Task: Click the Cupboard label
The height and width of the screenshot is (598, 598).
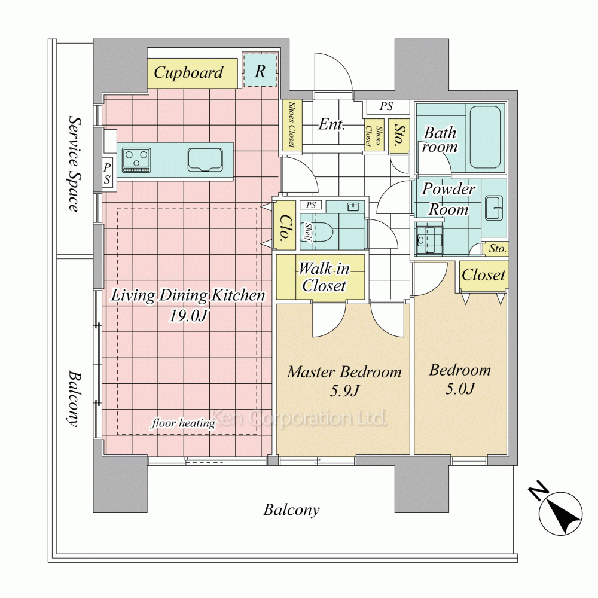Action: pyautogui.click(x=188, y=72)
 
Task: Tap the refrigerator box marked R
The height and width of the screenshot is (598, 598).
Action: pyautogui.click(x=260, y=70)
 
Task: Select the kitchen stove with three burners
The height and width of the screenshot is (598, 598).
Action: pyautogui.click(x=136, y=160)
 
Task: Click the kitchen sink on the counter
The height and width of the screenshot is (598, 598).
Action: pyautogui.click(x=205, y=160)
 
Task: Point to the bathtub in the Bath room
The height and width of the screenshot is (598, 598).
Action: pyautogui.click(x=485, y=137)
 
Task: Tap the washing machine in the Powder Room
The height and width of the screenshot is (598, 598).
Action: pyautogui.click(x=429, y=240)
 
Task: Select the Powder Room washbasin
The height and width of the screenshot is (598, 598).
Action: pyautogui.click(x=494, y=208)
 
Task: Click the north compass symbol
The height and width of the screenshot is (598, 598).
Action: pyautogui.click(x=557, y=510)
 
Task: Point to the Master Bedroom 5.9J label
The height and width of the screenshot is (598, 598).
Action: pyautogui.click(x=344, y=380)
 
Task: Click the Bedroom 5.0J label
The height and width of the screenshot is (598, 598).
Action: pyautogui.click(x=460, y=379)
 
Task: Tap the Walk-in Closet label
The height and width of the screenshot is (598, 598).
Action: pyautogui.click(x=324, y=277)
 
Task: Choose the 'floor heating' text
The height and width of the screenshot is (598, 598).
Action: pyautogui.click(x=184, y=423)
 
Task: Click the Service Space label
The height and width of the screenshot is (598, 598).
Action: pyautogui.click(x=75, y=164)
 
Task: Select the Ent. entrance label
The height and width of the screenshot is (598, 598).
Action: pyautogui.click(x=332, y=124)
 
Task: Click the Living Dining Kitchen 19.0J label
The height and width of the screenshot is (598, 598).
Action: pyautogui.click(x=188, y=305)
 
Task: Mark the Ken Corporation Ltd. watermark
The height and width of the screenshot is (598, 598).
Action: pyautogui.click(x=298, y=418)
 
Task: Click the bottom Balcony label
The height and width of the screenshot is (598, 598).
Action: pyautogui.click(x=291, y=510)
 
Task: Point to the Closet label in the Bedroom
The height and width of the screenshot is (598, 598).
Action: pyautogui.click(x=484, y=275)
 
